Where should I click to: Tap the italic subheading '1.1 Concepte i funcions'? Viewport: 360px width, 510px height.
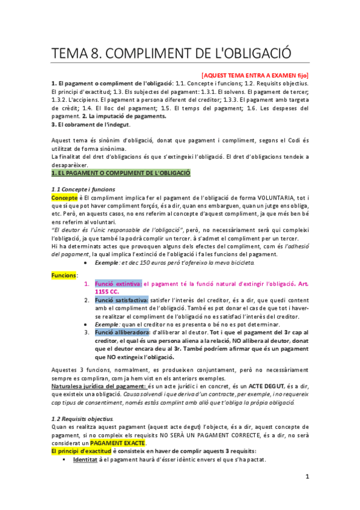point(83,189)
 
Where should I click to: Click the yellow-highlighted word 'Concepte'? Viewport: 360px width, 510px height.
point(64,197)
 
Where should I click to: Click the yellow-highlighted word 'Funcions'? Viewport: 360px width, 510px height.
point(64,275)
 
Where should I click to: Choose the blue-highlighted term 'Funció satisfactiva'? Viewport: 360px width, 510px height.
point(121,300)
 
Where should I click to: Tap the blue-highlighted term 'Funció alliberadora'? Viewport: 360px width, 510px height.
point(122,332)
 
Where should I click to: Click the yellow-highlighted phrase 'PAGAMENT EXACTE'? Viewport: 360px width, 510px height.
point(118,443)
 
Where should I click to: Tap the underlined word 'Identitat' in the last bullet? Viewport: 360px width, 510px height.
point(86,459)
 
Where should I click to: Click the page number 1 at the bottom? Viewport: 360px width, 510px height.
point(307,477)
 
